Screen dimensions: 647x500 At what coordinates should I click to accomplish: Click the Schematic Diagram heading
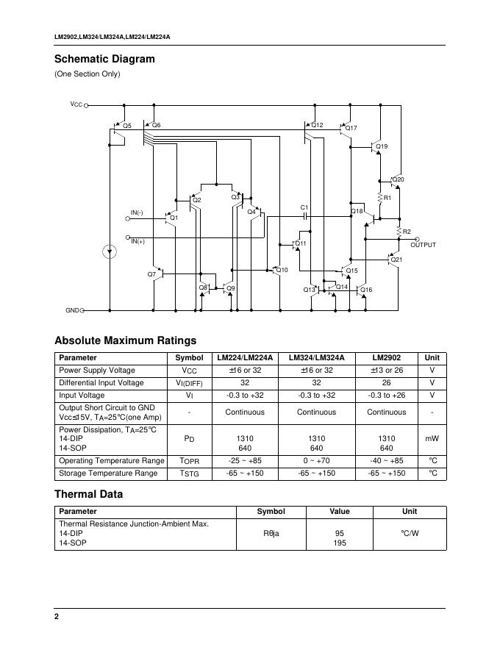pyautogui.click(x=104, y=59)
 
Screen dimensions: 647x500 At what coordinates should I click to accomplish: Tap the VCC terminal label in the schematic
pyautogui.click(x=76, y=104)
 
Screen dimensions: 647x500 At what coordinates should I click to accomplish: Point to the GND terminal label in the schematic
pyautogui.click(x=72, y=310)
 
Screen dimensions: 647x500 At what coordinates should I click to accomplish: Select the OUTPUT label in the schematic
pyautogui.click(x=423, y=245)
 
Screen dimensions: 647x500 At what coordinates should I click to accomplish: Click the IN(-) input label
pyautogui.click(x=137, y=213)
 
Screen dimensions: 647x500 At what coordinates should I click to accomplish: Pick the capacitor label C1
pyautogui.click(x=304, y=207)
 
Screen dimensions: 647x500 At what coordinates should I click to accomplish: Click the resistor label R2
pyautogui.click(x=407, y=232)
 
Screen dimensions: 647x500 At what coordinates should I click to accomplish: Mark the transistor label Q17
pyautogui.click(x=351, y=129)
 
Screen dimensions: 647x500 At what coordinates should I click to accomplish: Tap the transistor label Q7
pyautogui.click(x=151, y=274)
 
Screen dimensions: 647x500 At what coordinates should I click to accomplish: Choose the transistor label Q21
pyautogui.click(x=396, y=259)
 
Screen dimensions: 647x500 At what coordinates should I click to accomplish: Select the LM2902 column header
pyautogui.click(x=386, y=358)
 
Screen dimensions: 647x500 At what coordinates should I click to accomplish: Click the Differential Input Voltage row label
pyautogui.click(x=101, y=383)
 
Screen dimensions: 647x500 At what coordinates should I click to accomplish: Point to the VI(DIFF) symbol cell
pyautogui.click(x=189, y=383)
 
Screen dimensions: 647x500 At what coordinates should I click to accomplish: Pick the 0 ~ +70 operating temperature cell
pyautogui.click(x=316, y=460)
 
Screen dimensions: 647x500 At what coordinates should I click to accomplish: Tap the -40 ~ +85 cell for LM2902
pyautogui.click(x=386, y=460)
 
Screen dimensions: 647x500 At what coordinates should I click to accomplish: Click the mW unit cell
pyautogui.click(x=432, y=438)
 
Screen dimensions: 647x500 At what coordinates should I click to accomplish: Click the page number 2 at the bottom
pyautogui.click(x=57, y=616)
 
